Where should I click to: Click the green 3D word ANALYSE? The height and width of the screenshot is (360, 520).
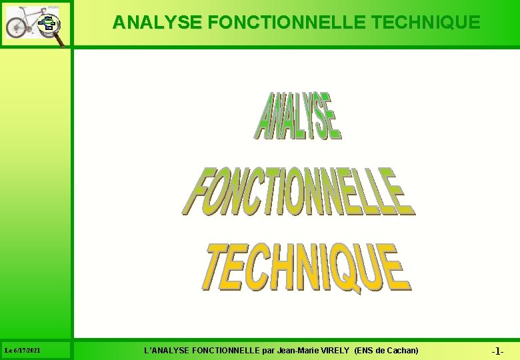click(298, 117)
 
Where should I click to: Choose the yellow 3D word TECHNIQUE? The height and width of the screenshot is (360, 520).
click(306, 268)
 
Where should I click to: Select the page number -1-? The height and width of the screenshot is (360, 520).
click(497, 351)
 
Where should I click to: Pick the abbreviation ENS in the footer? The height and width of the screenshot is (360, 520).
click(365, 351)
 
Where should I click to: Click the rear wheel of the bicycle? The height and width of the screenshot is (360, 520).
click(15, 27)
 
